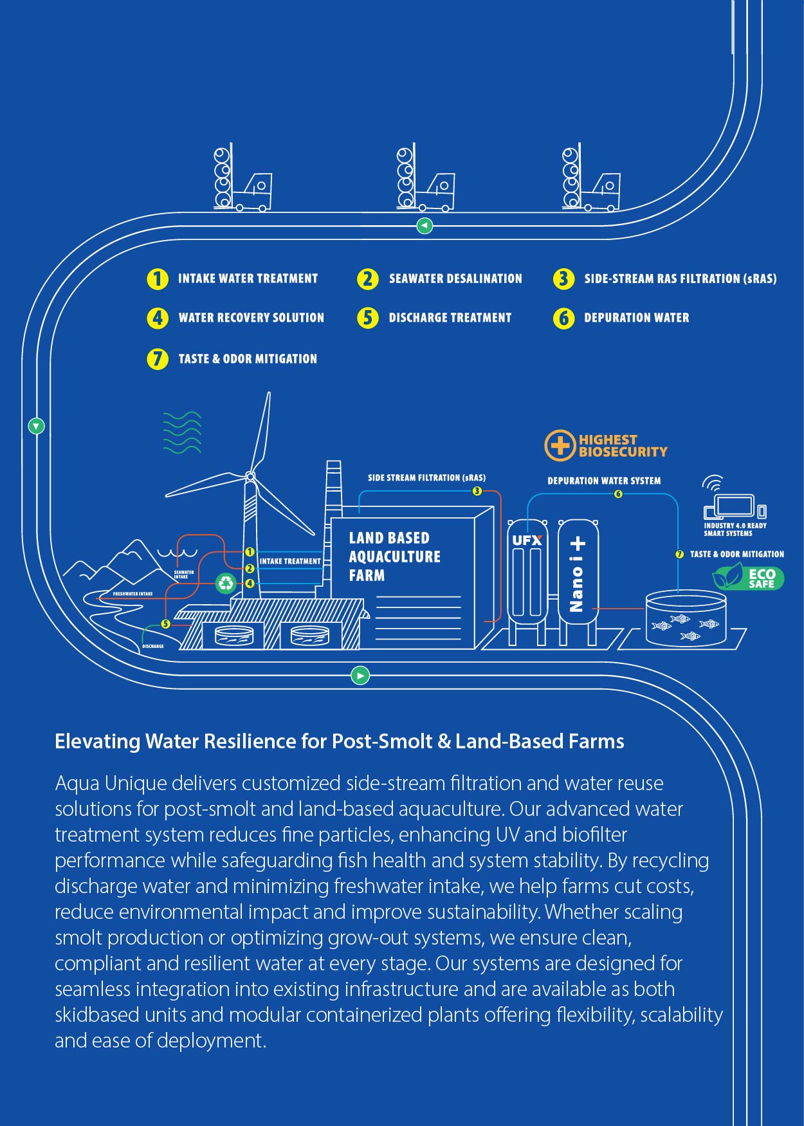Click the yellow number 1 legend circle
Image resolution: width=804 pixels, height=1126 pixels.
(157, 279)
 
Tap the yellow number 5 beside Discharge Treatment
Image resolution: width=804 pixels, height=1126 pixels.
(368, 318)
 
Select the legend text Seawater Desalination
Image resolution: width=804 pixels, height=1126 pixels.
(455, 279)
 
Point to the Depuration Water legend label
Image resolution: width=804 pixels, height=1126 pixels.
(636, 318)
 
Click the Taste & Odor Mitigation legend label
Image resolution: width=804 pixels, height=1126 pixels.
(248, 359)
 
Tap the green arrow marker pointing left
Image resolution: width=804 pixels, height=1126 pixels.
(425, 226)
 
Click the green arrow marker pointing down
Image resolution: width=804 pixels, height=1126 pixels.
(37, 426)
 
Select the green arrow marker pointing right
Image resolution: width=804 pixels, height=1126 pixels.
(360, 676)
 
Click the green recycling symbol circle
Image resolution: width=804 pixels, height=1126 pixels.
(226, 583)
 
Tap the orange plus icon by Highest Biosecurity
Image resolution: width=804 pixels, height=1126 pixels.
(560, 445)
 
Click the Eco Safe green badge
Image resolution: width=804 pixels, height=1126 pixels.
(749, 577)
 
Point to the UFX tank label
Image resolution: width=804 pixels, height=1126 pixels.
(527, 540)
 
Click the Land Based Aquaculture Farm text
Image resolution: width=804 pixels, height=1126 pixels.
(394, 557)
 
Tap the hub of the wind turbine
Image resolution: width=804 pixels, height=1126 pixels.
(250, 476)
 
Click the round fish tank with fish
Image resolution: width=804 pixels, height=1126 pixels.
(686, 619)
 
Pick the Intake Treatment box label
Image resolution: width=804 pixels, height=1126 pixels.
(290, 561)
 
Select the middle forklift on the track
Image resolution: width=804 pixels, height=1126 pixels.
(425, 180)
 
